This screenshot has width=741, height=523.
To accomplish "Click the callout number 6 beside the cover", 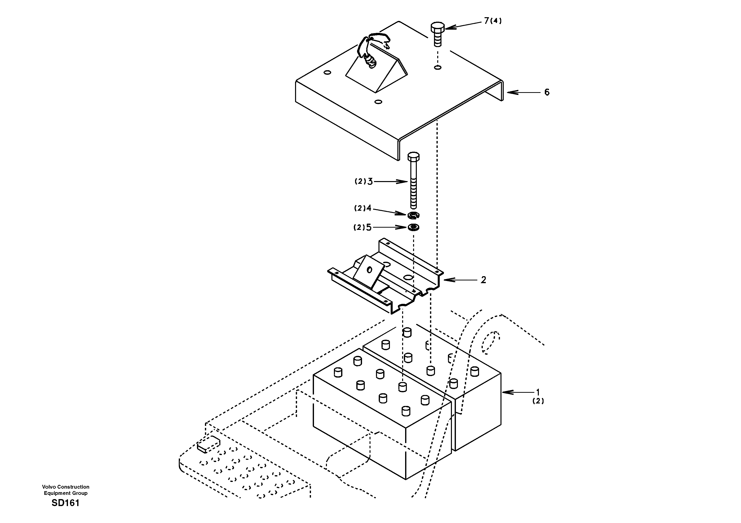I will point(547,92).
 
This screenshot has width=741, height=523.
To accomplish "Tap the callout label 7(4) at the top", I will point(493,21).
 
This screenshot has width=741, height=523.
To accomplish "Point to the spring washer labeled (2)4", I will point(413,215).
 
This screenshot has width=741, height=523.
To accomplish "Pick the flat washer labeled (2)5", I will point(413,228).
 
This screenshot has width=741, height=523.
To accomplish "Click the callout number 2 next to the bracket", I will point(483,280).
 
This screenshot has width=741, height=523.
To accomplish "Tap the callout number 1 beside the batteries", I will point(538,392).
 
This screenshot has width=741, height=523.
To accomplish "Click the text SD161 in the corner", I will point(65,503).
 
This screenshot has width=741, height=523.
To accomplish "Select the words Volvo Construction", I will point(65,487).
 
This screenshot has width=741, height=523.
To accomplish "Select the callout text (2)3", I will point(364,182).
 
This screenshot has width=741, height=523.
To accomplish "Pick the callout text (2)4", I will point(363,208).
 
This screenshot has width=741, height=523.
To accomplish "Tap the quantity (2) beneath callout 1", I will point(538,401).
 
